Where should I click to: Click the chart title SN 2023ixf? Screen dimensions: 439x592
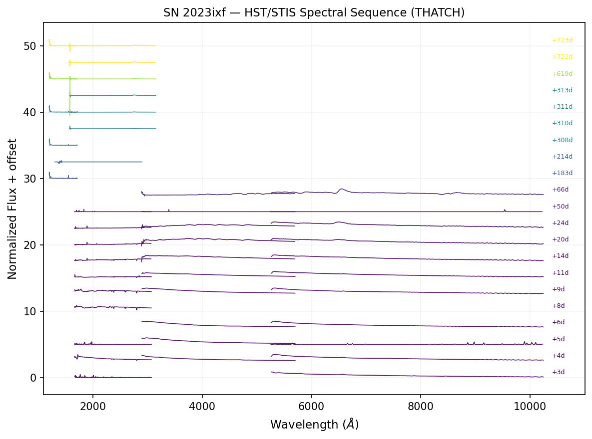pos(314,12)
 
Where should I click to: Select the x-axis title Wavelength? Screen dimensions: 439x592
pos(314,425)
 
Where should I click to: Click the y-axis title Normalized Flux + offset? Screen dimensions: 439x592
pos(12,209)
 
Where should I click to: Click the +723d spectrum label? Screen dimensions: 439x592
pos(562,40)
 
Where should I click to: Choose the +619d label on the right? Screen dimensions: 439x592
pos(562,74)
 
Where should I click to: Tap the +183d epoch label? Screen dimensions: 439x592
pos(562,173)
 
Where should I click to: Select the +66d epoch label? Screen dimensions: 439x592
pos(560,190)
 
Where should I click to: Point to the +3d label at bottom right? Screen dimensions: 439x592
pos(559,372)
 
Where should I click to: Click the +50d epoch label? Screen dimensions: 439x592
pos(560,207)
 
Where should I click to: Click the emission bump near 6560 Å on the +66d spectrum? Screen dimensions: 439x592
pos(341,189)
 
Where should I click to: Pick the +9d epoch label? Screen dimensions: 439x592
pos(559,289)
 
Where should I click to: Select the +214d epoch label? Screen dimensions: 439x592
pos(562,157)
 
